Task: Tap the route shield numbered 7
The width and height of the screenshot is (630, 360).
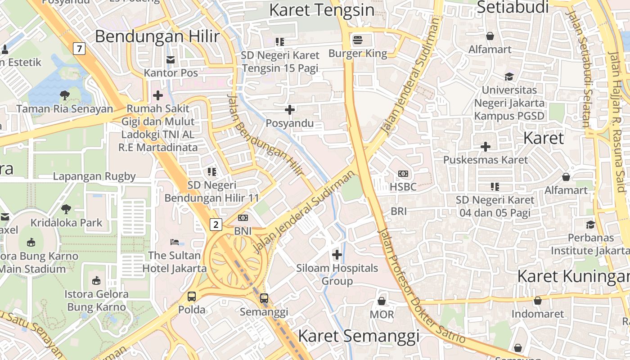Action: [79, 48]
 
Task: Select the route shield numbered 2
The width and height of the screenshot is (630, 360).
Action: [216, 224]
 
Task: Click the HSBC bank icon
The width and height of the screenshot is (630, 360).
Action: [403, 174]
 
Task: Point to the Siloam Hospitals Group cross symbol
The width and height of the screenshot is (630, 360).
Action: [337, 255]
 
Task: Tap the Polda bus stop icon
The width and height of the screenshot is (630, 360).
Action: [192, 297]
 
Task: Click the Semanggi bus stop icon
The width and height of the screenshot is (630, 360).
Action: [264, 298]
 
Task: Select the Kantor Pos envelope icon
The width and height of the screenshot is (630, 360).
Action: [171, 59]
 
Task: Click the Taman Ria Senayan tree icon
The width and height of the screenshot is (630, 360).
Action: [64, 95]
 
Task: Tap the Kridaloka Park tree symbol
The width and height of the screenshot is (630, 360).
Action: [66, 209]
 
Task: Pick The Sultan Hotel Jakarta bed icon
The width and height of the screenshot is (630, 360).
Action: [175, 242]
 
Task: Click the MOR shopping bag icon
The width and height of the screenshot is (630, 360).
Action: [382, 301]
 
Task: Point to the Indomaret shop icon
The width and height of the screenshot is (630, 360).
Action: [537, 301]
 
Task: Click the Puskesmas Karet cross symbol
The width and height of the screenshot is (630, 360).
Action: [485, 147]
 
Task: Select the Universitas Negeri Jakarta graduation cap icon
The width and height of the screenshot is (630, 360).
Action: [509, 76]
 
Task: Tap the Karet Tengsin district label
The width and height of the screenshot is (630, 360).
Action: [321, 10]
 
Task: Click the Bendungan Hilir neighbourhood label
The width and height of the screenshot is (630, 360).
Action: [157, 36]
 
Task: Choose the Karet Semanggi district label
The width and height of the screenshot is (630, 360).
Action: [358, 336]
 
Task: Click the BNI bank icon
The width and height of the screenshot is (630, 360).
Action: [243, 218]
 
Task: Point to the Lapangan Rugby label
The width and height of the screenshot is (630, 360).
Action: [94, 176]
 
